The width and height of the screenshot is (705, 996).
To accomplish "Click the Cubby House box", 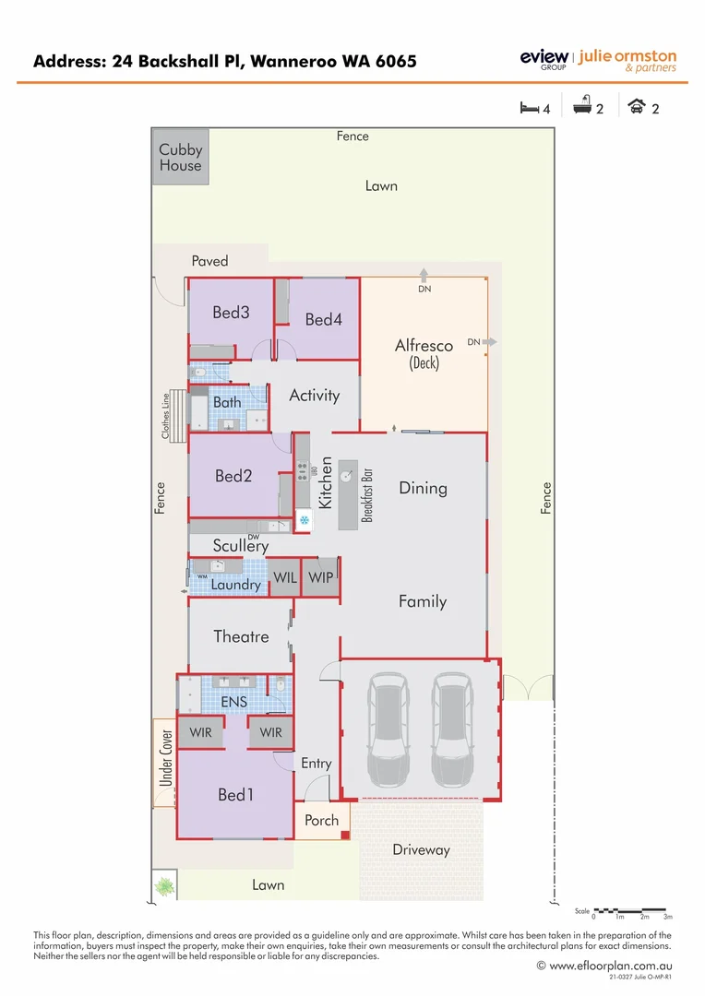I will tap(180, 158).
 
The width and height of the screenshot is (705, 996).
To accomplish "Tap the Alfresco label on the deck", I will tap(424, 346).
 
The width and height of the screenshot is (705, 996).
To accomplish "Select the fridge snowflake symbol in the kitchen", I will tap(304, 522).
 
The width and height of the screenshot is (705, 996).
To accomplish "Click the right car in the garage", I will tap(453, 726).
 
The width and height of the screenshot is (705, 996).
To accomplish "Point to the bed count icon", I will tap(530, 108).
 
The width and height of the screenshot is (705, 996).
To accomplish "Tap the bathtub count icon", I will tap(582, 108).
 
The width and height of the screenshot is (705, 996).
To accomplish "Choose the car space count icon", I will tap(637, 108).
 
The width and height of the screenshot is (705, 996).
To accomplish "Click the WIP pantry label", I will tap(321, 577).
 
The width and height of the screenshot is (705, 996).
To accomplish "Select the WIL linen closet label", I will tap(284, 577).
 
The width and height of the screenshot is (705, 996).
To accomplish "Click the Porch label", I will tap(321, 820).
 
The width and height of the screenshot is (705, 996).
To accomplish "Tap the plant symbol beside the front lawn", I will tap(164, 886).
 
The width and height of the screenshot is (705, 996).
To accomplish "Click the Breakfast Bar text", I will tap(367, 495).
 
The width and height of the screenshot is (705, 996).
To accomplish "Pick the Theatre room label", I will tap(241, 636).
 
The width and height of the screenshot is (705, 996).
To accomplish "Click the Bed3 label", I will tap(231, 313).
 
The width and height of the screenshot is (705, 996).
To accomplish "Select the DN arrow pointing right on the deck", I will tap(488, 342).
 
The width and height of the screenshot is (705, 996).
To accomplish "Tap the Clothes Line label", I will tap(166, 416).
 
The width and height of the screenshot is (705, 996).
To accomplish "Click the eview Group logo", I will tap(544, 60).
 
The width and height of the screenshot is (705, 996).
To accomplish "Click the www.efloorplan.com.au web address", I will tap(609, 966).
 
